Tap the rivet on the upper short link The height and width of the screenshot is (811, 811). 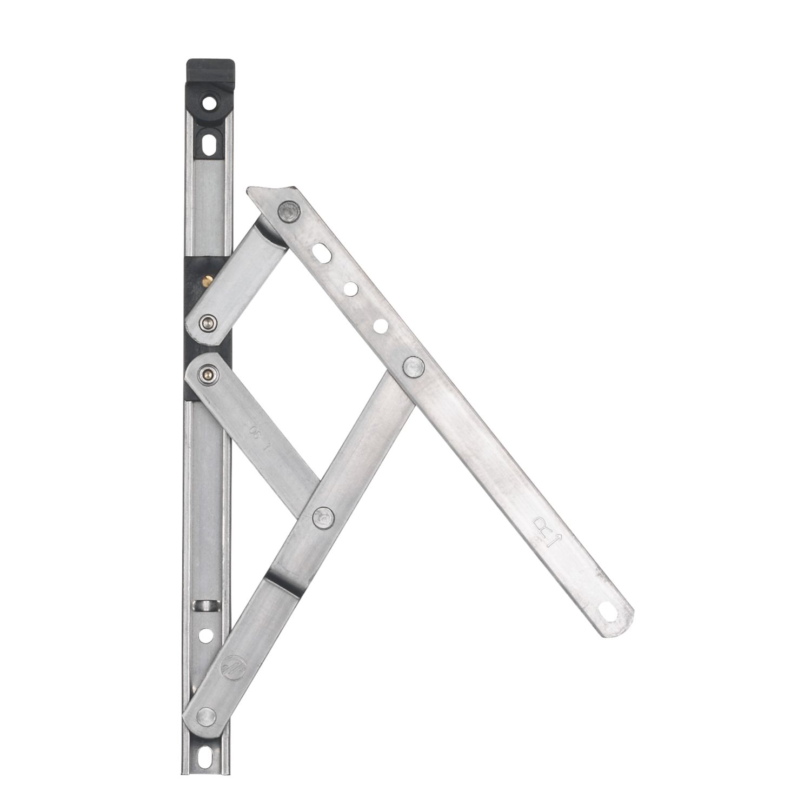pos(207,323)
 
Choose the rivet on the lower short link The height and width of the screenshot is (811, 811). pos(206,374)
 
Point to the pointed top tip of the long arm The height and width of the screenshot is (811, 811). pos(250,190)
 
